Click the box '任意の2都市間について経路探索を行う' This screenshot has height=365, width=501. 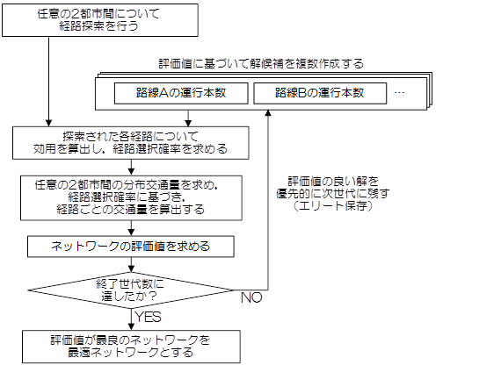(100, 20)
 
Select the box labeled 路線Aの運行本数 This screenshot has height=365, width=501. (181, 93)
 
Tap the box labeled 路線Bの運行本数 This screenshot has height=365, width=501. (320, 93)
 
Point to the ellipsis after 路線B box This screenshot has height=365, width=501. (399, 93)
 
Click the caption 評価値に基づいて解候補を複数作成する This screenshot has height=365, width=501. (261, 64)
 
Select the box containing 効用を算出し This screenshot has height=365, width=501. (131, 143)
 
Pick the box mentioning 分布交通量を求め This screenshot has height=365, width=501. (131, 197)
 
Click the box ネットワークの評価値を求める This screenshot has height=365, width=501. (131, 247)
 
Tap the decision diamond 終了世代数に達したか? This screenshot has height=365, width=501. (131, 290)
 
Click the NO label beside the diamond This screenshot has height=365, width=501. (251, 297)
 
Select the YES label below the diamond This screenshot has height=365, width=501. (149, 317)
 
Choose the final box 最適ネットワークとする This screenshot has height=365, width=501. (131, 347)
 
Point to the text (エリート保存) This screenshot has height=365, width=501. (332, 206)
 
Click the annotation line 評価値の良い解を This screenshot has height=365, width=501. (333, 182)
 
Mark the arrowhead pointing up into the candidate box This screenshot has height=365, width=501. (268, 113)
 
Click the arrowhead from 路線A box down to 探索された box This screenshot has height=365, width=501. (188, 124)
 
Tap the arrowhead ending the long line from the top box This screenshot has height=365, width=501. (48, 124)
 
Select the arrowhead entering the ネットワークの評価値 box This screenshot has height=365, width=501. (131, 233)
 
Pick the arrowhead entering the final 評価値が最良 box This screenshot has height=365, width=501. (131, 327)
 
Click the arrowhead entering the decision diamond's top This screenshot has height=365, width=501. (131, 269)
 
